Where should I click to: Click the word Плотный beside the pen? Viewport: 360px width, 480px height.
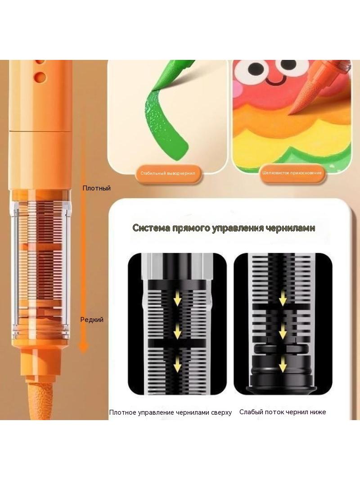click(x=96, y=188)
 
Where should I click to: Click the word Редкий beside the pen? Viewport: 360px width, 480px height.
click(x=92, y=320)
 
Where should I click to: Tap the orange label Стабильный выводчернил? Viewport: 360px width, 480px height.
click(x=167, y=173)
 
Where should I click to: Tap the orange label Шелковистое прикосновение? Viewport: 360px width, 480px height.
click(x=292, y=173)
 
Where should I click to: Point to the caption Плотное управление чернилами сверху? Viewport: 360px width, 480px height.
click(x=171, y=412)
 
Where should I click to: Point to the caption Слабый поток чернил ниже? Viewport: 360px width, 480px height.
click(x=283, y=412)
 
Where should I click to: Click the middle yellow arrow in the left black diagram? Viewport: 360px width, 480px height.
click(x=177, y=332)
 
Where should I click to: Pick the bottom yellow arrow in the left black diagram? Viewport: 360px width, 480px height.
click(x=177, y=366)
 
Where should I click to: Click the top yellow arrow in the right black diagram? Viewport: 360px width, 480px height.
click(x=283, y=298)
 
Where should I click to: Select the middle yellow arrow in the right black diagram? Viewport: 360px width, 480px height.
click(x=283, y=331)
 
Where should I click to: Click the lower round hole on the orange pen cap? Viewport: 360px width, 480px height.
click(x=40, y=77)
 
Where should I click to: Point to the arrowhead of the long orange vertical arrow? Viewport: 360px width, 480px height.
click(x=83, y=347)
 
